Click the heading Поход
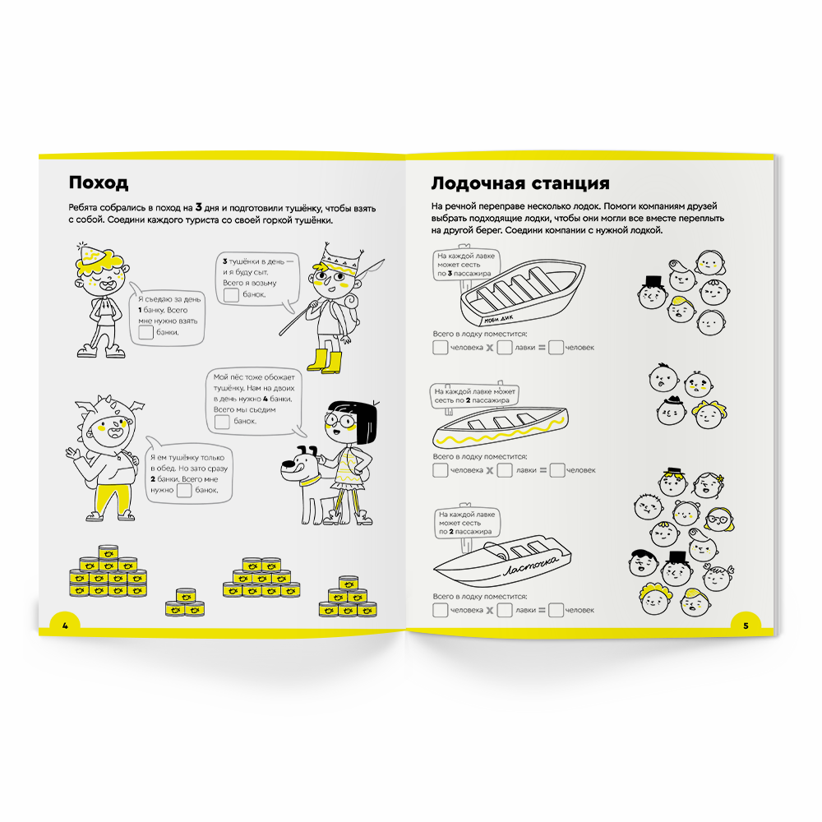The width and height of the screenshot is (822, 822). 99,182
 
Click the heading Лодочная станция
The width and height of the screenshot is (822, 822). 520,182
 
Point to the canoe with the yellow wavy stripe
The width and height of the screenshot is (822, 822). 501,423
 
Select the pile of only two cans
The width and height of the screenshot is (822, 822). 184,602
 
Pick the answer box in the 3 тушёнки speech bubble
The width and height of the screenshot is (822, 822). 232,295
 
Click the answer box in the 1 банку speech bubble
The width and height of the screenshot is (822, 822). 145,333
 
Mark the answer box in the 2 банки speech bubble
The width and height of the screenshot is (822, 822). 184,490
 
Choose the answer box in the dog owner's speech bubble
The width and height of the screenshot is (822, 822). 221,422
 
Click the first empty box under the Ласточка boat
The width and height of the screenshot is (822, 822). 441,610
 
